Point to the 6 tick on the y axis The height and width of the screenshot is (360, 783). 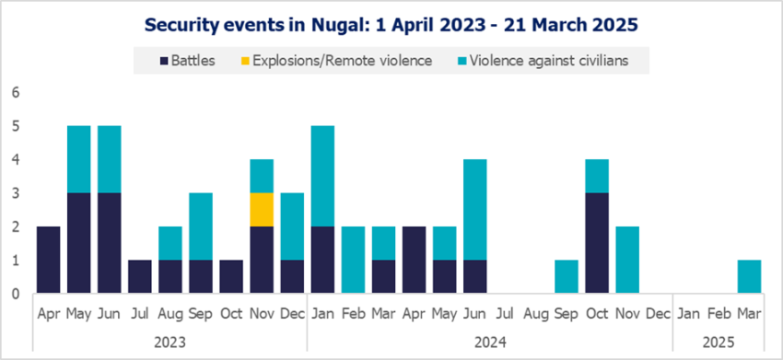(x=14, y=93)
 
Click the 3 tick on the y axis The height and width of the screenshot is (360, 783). (x=14, y=193)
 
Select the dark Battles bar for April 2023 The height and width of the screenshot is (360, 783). (x=48, y=261)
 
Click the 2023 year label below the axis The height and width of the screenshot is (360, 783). (x=169, y=341)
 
